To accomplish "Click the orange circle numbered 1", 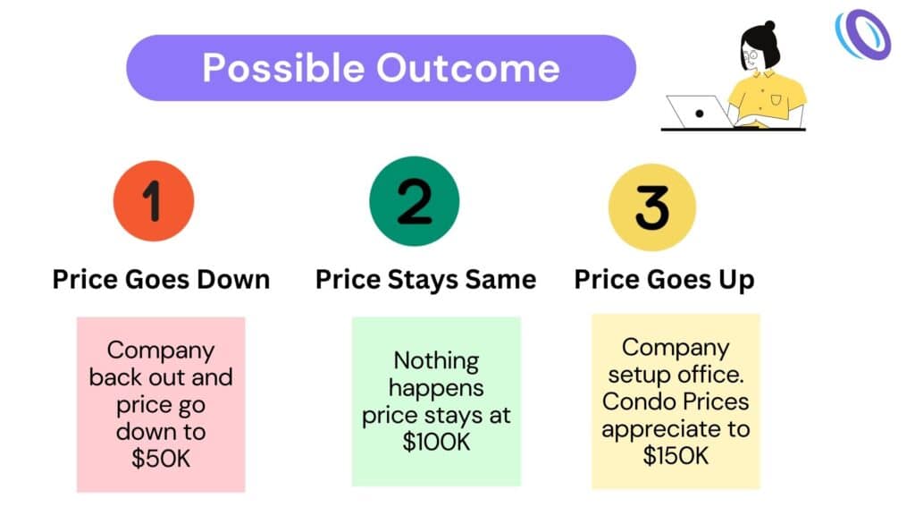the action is (154, 201).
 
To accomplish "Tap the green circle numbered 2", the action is (415, 201).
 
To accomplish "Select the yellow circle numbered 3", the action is (651, 207).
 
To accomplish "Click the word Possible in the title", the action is (283, 69).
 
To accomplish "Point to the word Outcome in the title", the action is (468, 68).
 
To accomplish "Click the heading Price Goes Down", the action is (161, 279).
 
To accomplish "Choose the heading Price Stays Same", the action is (426, 280).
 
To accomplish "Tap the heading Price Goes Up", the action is (664, 280).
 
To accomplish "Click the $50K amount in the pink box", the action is (161, 459).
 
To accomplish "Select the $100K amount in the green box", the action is (436, 442).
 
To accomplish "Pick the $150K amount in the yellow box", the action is (676, 455).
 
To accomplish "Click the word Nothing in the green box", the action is (436, 360).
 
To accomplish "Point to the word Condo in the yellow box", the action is (632, 401).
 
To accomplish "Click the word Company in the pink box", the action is (161, 351).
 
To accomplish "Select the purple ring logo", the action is (863, 35).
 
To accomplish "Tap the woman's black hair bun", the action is (769, 26).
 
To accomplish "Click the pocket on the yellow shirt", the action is (776, 100).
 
